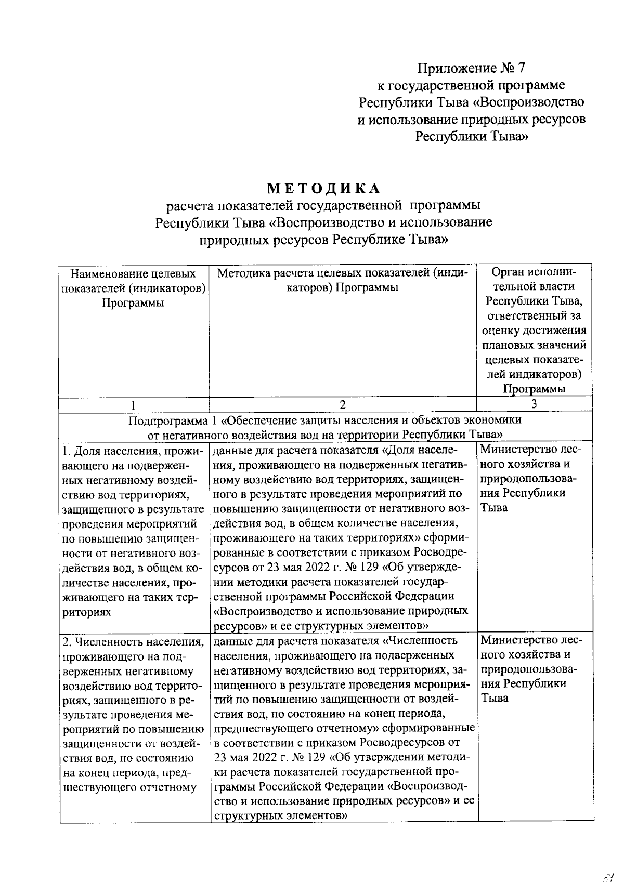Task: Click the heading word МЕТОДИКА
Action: pyautogui.click(x=324, y=188)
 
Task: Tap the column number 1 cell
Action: pyautogui.click(x=134, y=405)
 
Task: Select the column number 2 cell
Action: pyautogui.click(x=342, y=404)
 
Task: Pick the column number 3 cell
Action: pyautogui.click(x=534, y=404)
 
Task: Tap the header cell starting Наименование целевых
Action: pyautogui.click(x=134, y=288)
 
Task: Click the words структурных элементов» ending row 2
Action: pyautogui.click(x=280, y=816)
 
